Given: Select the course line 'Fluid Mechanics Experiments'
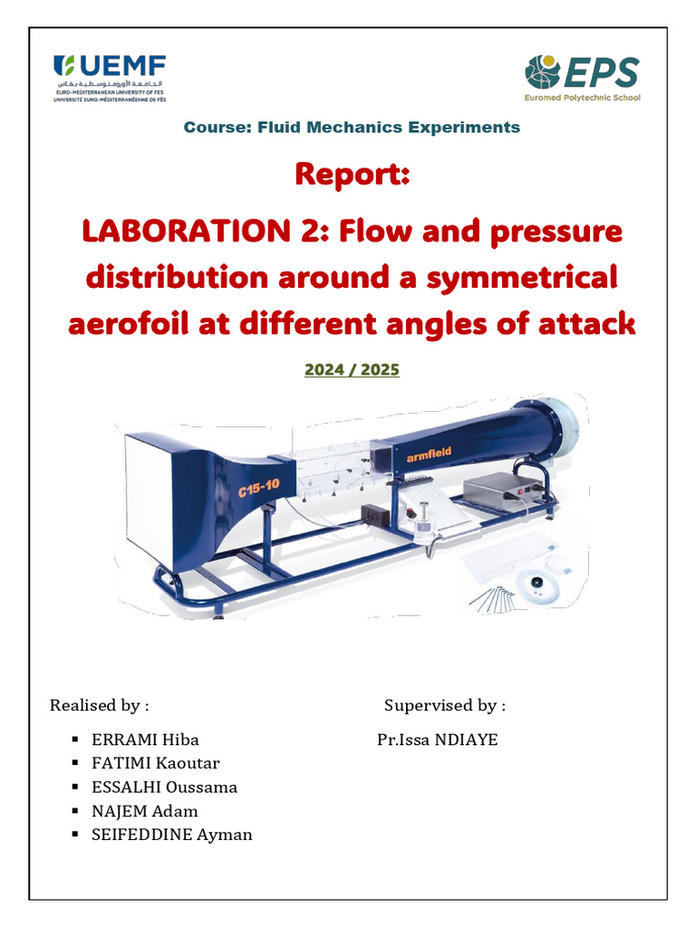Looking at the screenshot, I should (x=352, y=128).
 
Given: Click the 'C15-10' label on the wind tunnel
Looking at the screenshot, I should (x=259, y=490).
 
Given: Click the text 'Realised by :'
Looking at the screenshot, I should (x=100, y=705).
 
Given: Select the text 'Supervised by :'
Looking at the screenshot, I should (x=445, y=705).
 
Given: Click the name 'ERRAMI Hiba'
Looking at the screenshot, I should (x=145, y=741).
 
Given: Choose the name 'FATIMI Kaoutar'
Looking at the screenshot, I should (x=155, y=764).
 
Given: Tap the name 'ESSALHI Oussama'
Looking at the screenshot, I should (x=164, y=788).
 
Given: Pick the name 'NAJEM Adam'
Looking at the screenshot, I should (x=144, y=811).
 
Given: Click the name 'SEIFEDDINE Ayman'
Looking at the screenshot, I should (x=171, y=835).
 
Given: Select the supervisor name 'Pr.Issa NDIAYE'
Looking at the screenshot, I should (x=438, y=741).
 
